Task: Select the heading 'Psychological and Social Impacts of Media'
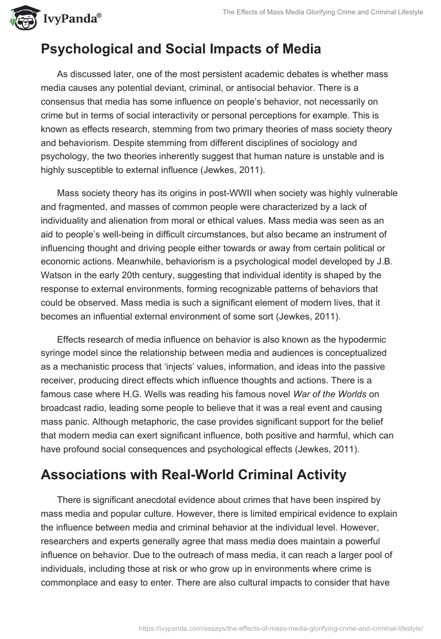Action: (181, 50)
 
